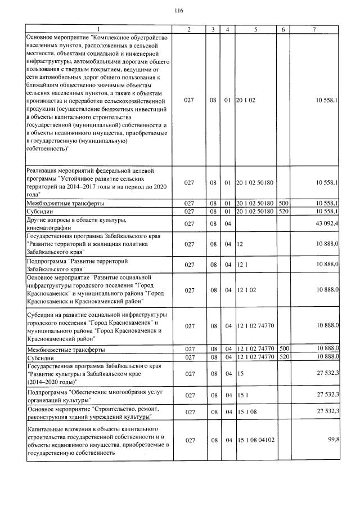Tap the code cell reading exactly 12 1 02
pyautogui.click(x=246, y=290)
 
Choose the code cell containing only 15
pyautogui.click(x=240, y=374)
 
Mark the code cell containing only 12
pyautogui.click(x=240, y=244)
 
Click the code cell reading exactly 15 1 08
pyautogui.click(x=246, y=413)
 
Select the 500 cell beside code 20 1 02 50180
pyautogui.click(x=284, y=202)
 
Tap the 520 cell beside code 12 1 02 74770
pyautogui.click(x=284, y=357)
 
